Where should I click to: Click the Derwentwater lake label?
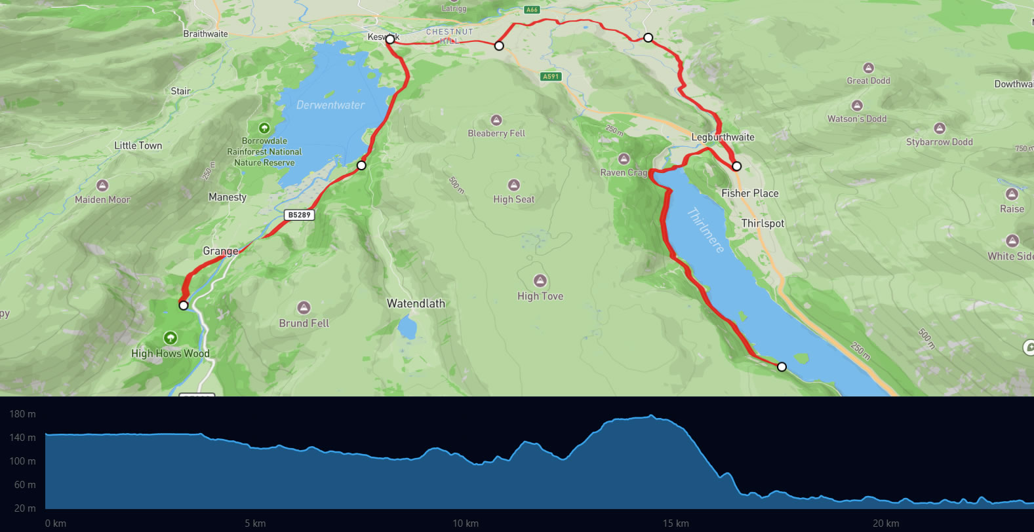(330, 105)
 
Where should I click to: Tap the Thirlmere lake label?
(706, 230)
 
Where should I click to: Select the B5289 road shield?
(300, 215)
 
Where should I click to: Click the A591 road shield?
(551, 77)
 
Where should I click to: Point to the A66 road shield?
(532, 10)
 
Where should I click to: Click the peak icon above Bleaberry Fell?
(496, 121)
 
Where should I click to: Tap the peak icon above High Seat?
(514, 185)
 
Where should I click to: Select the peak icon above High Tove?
(540, 281)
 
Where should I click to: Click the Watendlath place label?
(416, 303)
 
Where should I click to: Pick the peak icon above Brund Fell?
(304, 308)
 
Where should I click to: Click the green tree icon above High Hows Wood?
(170, 338)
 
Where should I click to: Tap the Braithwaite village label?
(206, 34)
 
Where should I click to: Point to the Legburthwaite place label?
(723, 137)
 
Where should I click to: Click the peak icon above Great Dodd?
(869, 68)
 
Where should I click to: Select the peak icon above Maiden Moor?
(102, 186)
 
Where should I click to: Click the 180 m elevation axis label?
(22, 414)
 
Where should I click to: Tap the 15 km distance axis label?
(675, 523)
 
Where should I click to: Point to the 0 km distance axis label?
(56, 523)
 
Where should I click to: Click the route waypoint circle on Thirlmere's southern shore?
(782, 367)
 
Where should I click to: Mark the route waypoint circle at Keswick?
(389, 39)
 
